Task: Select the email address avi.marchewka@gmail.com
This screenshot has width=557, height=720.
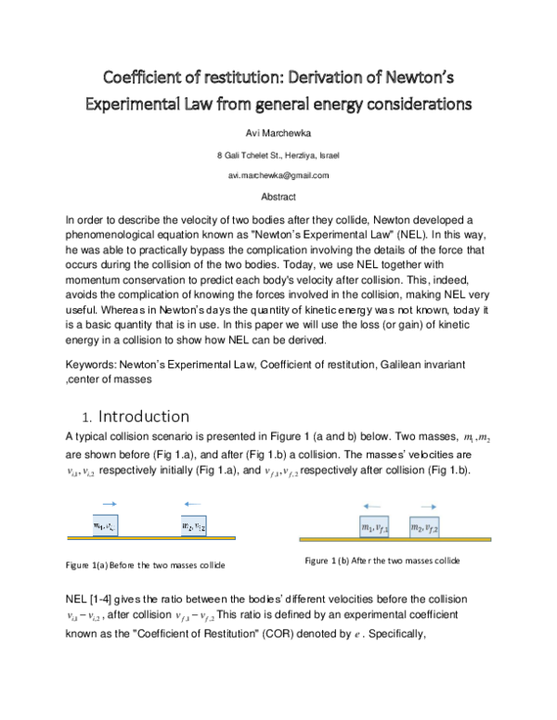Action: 278,175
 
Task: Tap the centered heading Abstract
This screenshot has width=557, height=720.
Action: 278,197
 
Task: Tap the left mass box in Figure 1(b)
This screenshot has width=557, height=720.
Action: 375,527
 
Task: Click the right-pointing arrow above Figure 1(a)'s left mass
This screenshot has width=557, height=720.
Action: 110,506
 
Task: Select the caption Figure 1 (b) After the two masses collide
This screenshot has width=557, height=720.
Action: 382,561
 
